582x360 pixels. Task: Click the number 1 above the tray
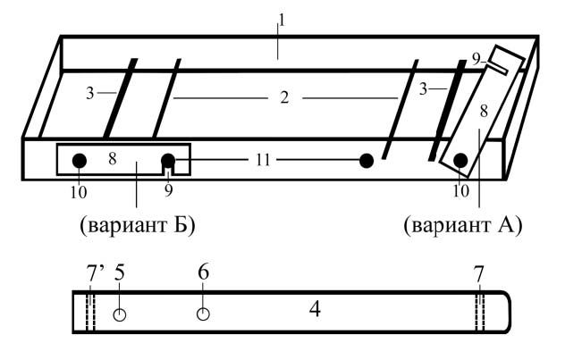tap(282, 20)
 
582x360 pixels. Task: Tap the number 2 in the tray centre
tap(284, 97)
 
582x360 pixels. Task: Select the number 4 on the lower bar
tap(315, 309)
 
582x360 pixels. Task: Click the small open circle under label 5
tap(120, 314)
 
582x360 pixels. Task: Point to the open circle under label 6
tap(203, 314)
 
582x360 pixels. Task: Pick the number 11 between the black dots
tap(263, 160)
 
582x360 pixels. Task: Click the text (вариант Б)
tap(138, 225)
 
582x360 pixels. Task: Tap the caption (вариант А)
tap(463, 225)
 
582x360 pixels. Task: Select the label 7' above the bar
tap(96, 273)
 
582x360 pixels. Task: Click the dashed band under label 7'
tap(91, 312)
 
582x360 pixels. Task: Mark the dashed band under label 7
tap(480, 312)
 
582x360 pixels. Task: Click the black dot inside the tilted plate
tap(460, 161)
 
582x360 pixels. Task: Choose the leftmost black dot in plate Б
tap(80, 161)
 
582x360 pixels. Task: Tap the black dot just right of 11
tap(367, 161)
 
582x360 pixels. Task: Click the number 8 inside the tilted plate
tap(484, 111)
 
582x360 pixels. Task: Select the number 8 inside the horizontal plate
tap(113, 158)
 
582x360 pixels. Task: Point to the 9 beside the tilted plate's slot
tap(477, 60)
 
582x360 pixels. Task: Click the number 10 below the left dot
tap(79, 192)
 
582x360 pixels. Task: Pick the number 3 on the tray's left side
tap(89, 93)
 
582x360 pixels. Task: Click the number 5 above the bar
tap(120, 272)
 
